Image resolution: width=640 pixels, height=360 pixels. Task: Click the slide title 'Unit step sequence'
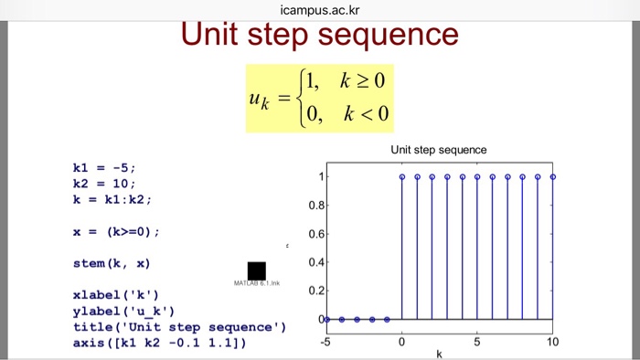point(319,35)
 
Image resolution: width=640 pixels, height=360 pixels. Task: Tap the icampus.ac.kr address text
point(319,10)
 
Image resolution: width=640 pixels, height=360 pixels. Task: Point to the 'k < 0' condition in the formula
point(367,114)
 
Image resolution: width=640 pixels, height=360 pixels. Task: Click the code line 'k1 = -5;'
point(104,167)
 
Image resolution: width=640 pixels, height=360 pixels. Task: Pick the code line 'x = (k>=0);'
point(116,231)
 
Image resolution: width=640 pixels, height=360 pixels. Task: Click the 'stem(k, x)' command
point(112,263)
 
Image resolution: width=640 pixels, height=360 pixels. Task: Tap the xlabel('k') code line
point(116,295)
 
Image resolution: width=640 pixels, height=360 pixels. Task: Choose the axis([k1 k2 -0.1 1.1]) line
point(159,343)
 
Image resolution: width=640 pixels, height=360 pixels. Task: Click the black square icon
point(256,270)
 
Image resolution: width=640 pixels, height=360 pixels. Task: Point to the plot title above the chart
point(439,150)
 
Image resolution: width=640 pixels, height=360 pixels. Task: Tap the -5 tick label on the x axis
point(325,341)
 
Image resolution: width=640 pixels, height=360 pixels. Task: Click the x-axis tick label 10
point(552,341)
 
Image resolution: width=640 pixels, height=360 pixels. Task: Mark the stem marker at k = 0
point(401,177)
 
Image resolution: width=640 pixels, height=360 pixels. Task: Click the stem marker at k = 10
point(553,177)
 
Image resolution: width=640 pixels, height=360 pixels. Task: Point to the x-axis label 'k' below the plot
point(439,354)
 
